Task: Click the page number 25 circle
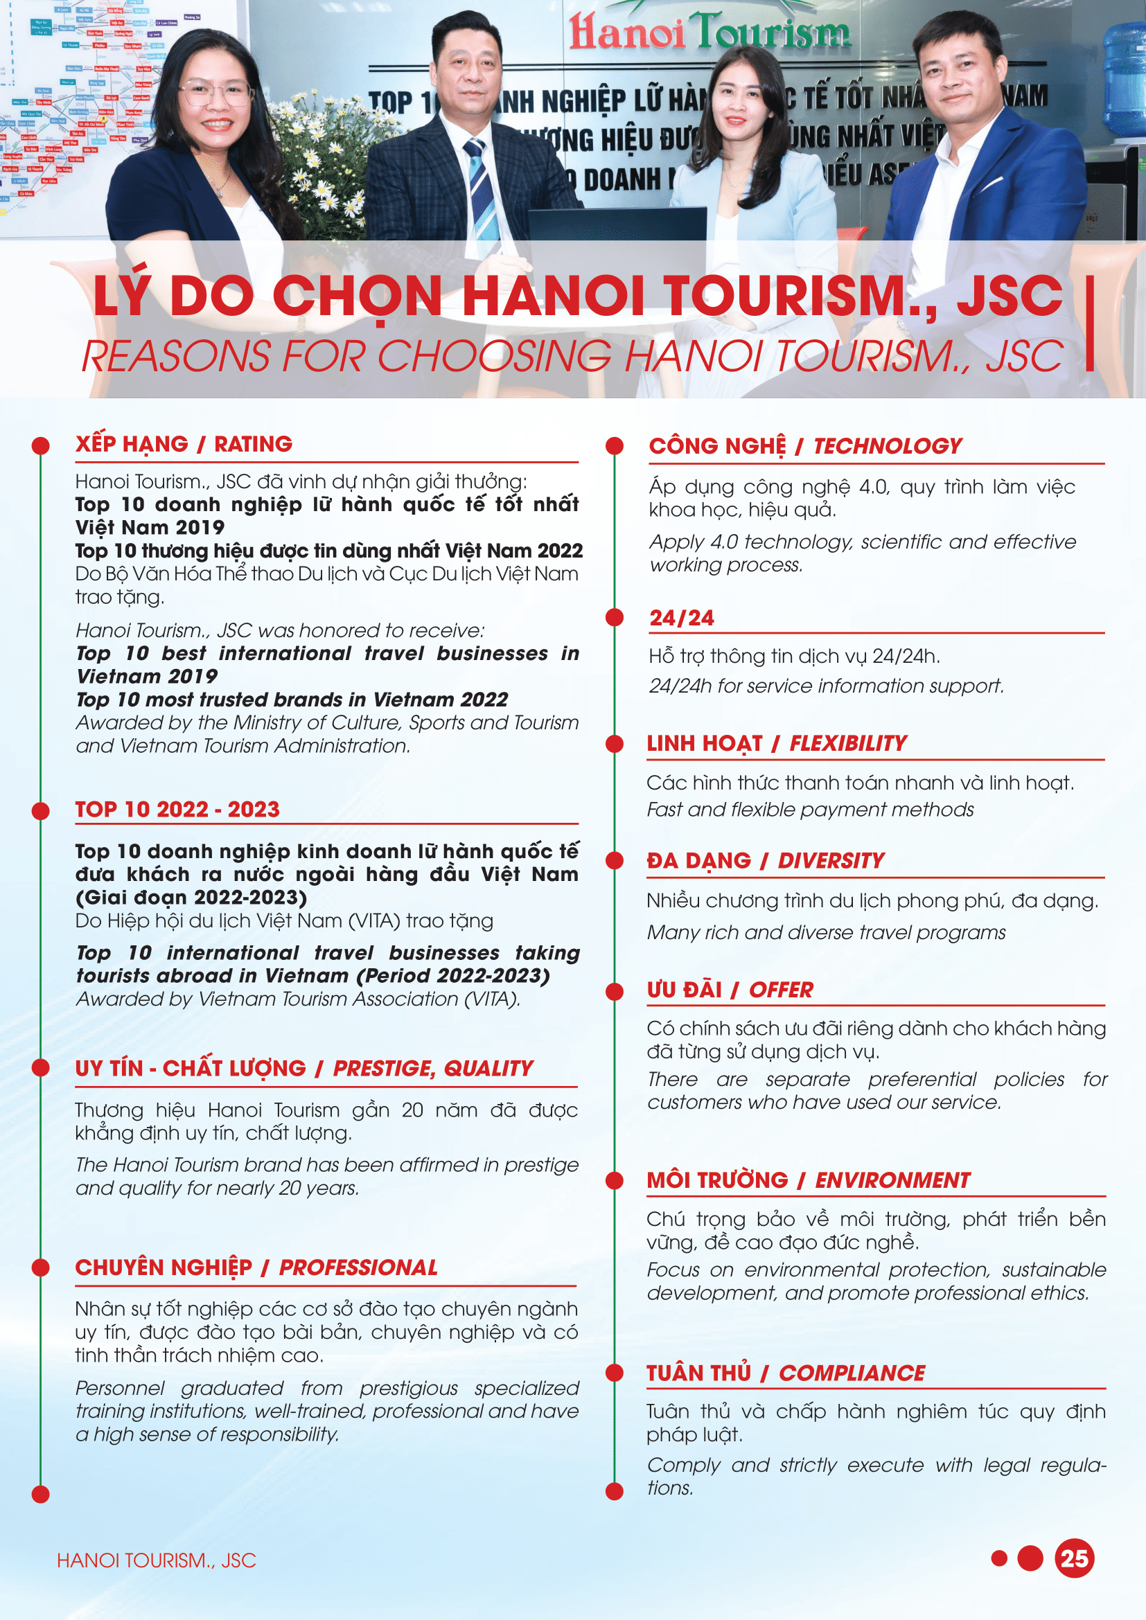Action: [x=1073, y=1558]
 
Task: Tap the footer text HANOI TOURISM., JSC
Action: [x=156, y=1560]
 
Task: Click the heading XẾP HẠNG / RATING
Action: [x=184, y=444]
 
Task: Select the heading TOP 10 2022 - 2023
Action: [x=177, y=808]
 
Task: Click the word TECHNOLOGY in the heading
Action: [x=887, y=446]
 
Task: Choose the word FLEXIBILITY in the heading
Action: [x=847, y=743]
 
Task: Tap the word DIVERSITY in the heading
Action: [x=831, y=861]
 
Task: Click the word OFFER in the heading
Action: [x=780, y=990]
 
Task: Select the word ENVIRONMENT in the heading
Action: [x=892, y=1180]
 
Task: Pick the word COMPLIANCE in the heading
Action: [x=851, y=1373]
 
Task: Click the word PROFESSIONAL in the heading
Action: [x=358, y=1267]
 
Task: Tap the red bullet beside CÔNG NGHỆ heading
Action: [x=615, y=446]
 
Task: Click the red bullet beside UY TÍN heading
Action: [x=41, y=1068]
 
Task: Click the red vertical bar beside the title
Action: [x=1090, y=323]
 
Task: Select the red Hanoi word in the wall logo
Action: [x=626, y=32]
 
